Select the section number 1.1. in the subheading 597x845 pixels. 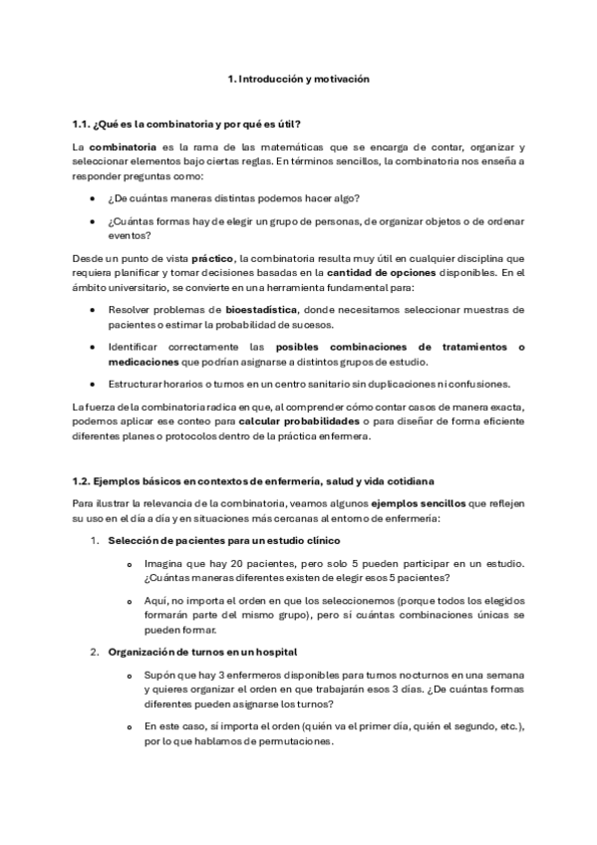pos(83,124)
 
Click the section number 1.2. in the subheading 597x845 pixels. pos(83,481)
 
